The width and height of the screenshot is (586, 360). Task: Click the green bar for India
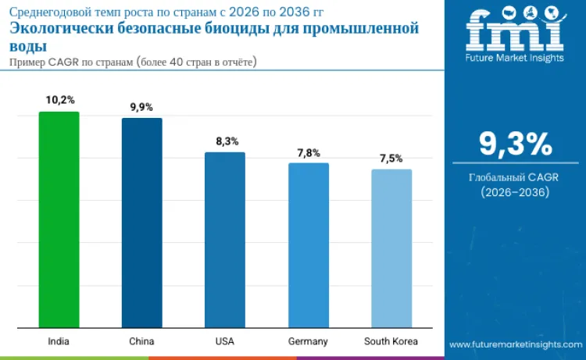59,219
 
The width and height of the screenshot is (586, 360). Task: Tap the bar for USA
225,240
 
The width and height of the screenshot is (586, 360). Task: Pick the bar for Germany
308,245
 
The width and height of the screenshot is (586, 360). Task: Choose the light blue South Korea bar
391,248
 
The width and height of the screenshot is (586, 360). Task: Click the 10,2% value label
59,100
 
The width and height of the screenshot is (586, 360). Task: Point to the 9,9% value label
141,107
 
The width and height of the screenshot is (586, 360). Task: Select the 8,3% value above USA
225,141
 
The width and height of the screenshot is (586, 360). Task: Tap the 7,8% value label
308,152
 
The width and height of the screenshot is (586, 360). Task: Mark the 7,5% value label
391,159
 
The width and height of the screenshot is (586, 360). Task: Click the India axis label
59,341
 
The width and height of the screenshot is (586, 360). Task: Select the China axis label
141,341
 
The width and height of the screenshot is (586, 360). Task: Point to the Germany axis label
308,341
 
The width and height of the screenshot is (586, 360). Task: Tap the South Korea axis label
391,341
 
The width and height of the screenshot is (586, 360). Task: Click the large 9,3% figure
515,144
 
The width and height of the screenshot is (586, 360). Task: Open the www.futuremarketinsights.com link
515,344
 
